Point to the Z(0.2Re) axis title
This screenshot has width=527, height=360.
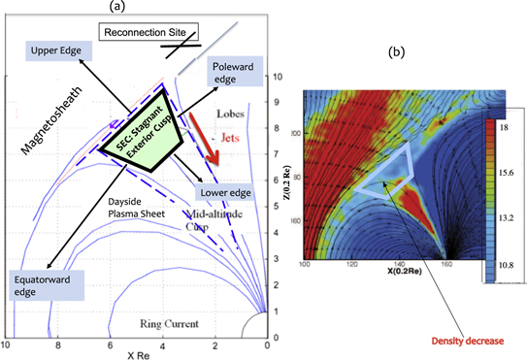pyautogui.click(x=295, y=173)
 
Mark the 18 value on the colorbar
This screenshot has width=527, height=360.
pyautogui.click(x=506, y=127)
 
